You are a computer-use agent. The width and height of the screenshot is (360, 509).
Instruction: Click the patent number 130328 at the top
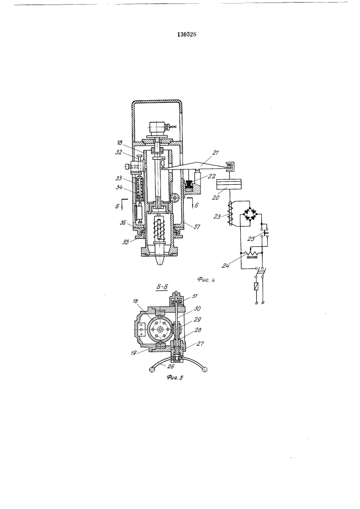(x=187, y=35)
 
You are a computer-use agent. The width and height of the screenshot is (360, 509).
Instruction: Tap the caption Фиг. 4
(x=206, y=279)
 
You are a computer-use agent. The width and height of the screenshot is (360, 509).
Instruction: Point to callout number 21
(x=215, y=153)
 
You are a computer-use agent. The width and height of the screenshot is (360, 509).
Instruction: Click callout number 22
(x=212, y=176)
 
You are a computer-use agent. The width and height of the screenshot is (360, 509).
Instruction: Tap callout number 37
(x=197, y=227)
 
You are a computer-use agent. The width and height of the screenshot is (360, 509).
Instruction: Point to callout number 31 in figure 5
(x=195, y=296)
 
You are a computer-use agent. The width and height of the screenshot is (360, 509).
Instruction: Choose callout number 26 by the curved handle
(x=170, y=367)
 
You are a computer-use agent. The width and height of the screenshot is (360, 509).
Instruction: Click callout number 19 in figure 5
(x=133, y=353)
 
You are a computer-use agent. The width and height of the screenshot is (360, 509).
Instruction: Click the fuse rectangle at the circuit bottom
(x=256, y=287)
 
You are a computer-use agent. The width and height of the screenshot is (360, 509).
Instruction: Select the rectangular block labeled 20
(x=229, y=185)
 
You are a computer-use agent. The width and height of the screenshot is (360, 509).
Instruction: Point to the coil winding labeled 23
(x=231, y=213)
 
